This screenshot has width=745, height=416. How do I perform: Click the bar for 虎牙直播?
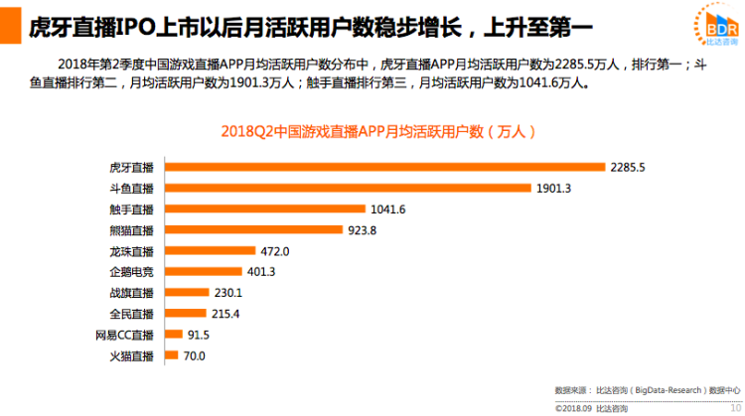[x=381, y=167]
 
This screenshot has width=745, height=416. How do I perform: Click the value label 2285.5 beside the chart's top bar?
[x=629, y=167]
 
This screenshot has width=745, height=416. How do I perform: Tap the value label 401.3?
[x=260, y=272]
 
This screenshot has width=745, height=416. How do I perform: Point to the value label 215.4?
[x=226, y=314]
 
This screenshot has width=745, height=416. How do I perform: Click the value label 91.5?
[x=198, y=335]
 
